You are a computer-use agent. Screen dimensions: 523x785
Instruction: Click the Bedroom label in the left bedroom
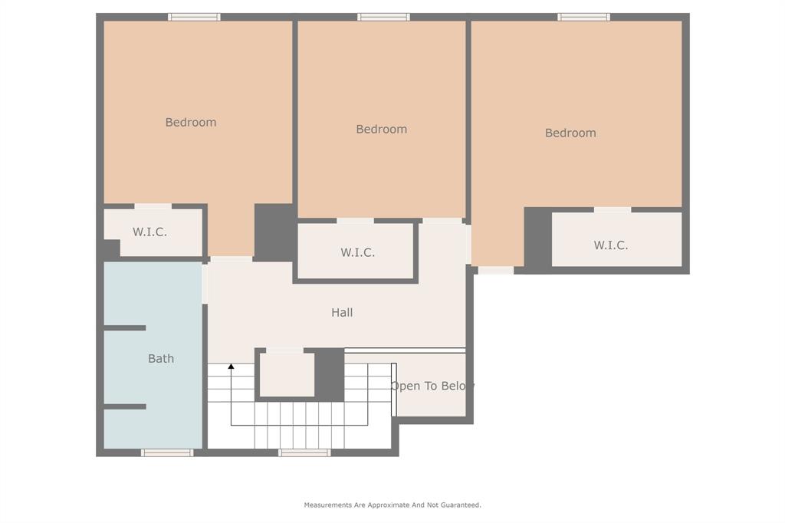191,122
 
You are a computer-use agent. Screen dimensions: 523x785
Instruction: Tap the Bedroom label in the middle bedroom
381,129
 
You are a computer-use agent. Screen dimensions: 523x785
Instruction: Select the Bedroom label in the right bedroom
570,133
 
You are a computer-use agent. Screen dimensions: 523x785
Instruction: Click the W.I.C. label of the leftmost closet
149,232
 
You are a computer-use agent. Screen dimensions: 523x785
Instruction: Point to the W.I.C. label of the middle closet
358,252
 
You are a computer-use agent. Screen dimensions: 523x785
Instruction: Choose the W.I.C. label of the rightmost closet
611,245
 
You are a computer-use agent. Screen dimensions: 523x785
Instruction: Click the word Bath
161,358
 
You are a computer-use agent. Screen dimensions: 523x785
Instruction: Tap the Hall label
342,312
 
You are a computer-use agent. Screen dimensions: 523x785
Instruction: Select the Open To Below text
432,386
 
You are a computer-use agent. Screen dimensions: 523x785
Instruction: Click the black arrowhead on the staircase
231,367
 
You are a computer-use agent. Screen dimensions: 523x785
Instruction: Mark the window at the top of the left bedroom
194,17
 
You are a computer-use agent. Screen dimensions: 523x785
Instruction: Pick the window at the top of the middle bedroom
383,17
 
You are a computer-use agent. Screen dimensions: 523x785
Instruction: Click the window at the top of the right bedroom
583,17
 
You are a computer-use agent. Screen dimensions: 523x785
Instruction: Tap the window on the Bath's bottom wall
167,452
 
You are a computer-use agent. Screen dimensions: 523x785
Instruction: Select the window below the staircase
304,452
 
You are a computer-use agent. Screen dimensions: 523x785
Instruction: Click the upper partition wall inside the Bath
125,327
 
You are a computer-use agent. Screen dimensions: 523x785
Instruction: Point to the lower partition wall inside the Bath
125,406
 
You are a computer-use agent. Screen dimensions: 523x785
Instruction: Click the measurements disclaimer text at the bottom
392,505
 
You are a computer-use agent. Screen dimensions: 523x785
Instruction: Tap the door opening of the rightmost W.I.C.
613,209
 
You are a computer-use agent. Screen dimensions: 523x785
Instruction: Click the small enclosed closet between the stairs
287,375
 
